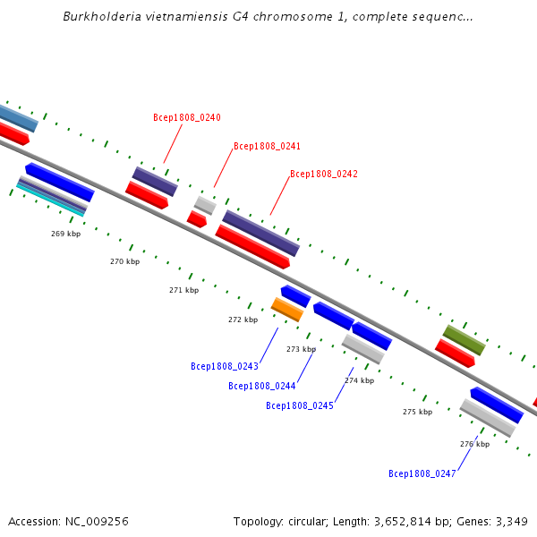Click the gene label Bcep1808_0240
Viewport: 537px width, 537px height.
click(x=187, y=117)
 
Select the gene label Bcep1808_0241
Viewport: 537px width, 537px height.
click(x=267, y=146)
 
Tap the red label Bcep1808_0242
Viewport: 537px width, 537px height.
click(x=324, y=174)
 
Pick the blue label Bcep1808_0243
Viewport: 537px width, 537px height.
click(x=225, y=366)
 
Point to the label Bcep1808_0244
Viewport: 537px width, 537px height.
click(x=262, y=386)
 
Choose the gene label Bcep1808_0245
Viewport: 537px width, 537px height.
click(x=300, y=405)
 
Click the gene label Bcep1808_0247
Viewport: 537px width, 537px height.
click(x=422, y=473)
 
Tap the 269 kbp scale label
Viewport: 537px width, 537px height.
click(x=65, y=234)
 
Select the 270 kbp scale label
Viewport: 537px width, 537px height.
click(x=125, y=261)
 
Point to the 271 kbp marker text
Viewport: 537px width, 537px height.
click(x=183, y=290)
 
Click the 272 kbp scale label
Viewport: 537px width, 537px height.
click(x=243, y=320)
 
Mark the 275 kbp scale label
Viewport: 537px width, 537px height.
click(x=417, y=412)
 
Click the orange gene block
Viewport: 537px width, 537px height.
click(x=287, y=310)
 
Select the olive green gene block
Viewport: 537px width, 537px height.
click(x=464, y=340)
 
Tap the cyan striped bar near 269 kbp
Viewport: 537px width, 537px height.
click(x=51, y=201)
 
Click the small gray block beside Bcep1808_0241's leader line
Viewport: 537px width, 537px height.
click(x=205, y=206)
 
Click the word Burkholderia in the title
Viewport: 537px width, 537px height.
click(x=102, y=16)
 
